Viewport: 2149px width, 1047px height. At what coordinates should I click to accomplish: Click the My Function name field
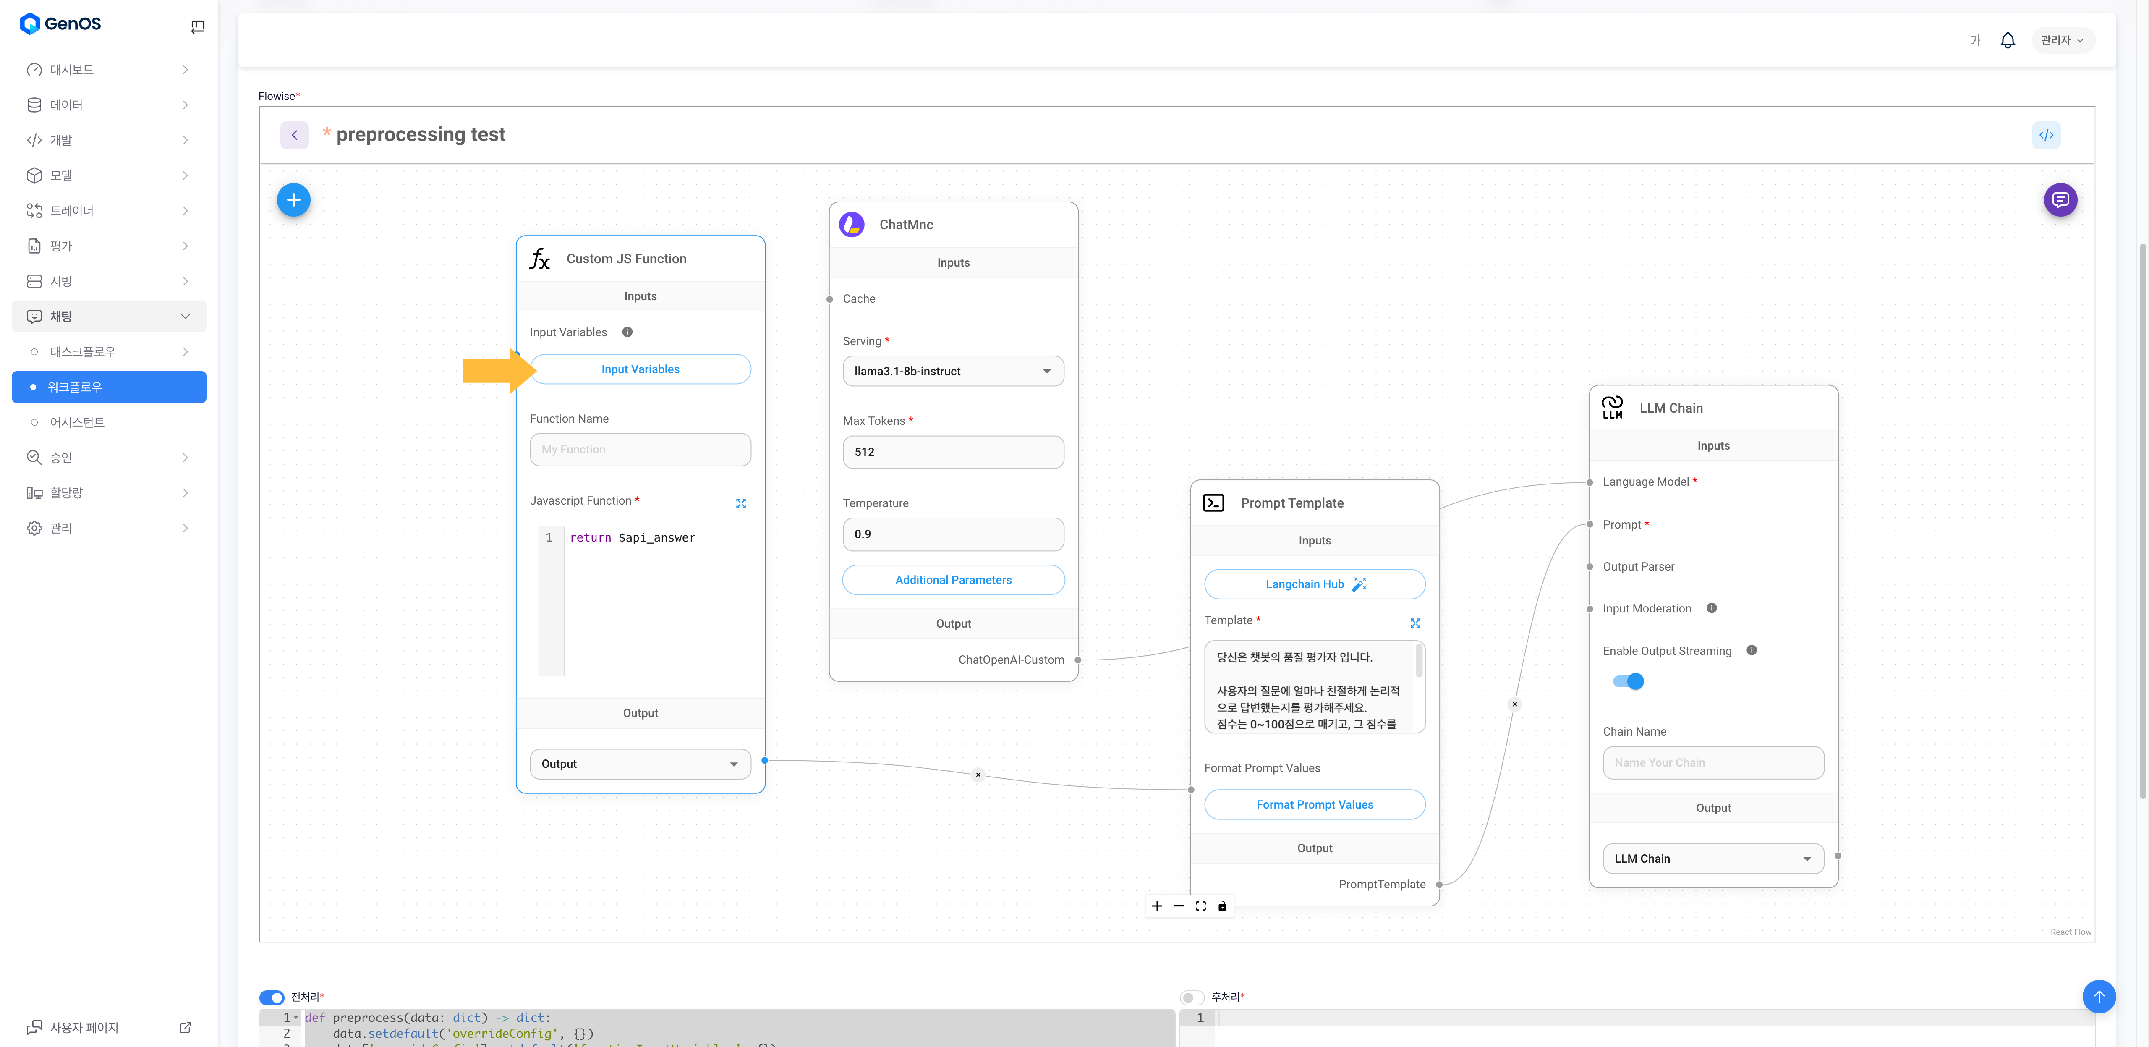tap(640, 450)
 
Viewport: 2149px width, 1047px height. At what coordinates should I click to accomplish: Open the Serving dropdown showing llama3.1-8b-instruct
tap(953, 371)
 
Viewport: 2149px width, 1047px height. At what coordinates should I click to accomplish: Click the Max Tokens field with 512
tap(953, 452)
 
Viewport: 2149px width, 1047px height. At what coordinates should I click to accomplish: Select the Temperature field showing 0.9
tap(953, 534)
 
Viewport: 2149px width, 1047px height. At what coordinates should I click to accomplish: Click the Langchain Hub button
tap(1314, 584)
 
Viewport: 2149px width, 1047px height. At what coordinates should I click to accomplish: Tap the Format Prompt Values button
tap(1314, 804)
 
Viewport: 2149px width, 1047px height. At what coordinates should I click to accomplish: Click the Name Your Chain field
tap(1712, 762)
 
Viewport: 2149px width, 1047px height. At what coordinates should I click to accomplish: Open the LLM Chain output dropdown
tap(1712, 859)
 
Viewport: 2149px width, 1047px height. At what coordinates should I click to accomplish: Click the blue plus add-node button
tap(294, 200)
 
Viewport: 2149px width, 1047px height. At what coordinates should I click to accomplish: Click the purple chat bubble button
tap(2060, 200)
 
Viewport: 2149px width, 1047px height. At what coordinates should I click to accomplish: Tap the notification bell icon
tap(2007, 40)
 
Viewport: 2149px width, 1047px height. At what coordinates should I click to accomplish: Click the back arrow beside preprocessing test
tap(295, 135)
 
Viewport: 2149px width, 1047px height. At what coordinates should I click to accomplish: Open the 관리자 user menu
tap(2061, 40)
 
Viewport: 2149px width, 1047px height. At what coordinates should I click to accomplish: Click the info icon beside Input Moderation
tap(1711, 608)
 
